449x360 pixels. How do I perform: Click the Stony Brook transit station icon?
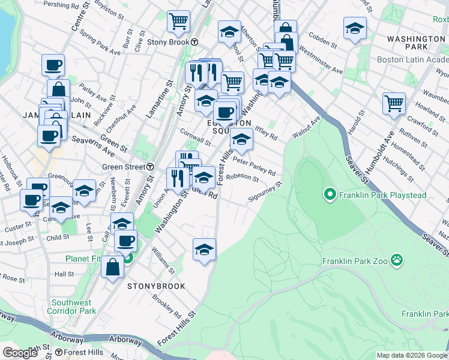195,42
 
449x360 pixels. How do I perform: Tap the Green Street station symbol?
150,166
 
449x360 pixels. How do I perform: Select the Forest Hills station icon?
59,352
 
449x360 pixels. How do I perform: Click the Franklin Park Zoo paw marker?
396,260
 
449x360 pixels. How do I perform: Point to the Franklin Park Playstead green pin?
329,194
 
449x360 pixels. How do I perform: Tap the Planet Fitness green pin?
128,259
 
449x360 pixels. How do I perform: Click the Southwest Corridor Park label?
73,307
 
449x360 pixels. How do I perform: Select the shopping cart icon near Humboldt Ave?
394,103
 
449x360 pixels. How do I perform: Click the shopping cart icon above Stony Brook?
178,22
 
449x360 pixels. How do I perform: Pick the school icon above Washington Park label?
355,28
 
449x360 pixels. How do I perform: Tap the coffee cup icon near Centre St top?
53,65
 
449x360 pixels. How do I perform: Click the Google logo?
20,353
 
